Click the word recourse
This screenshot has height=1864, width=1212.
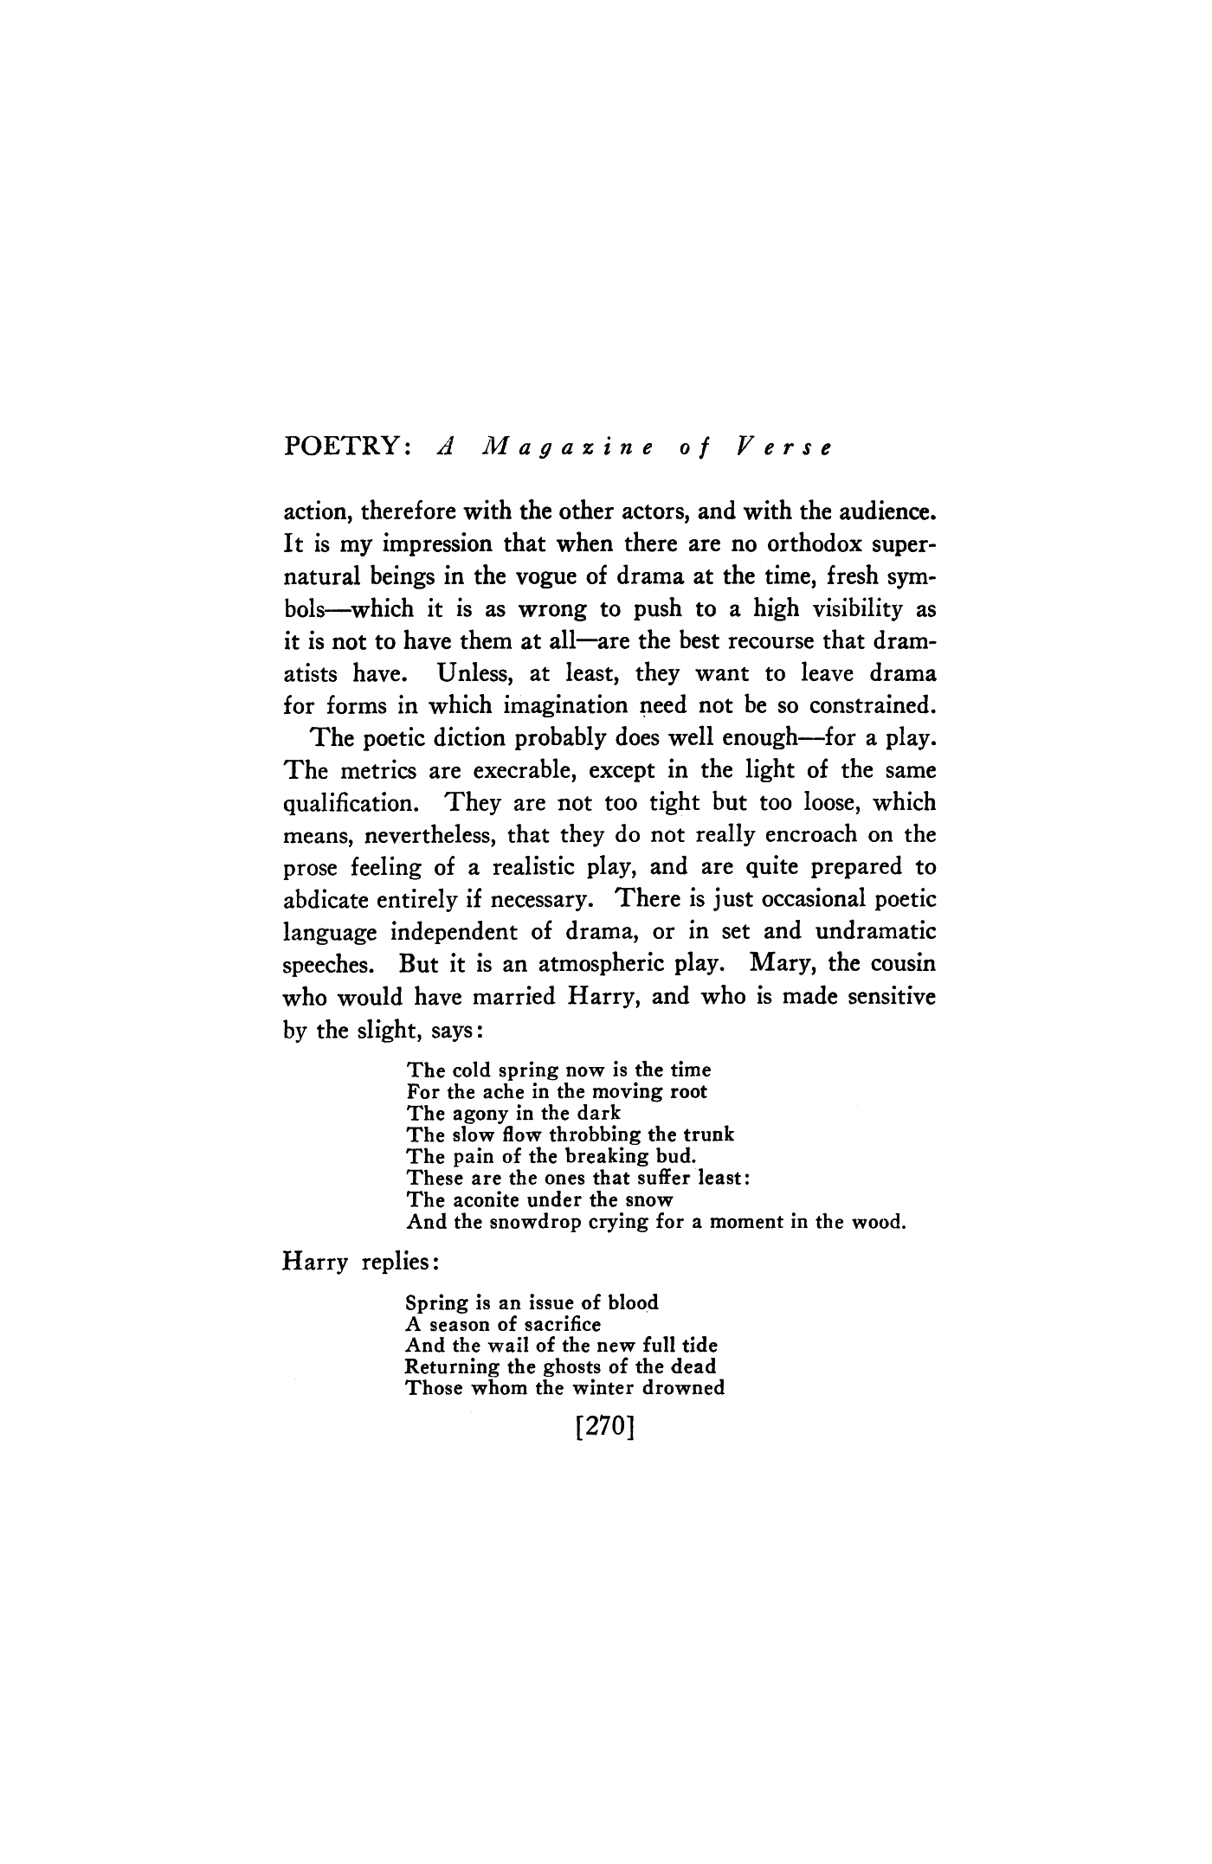[770, 640]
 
